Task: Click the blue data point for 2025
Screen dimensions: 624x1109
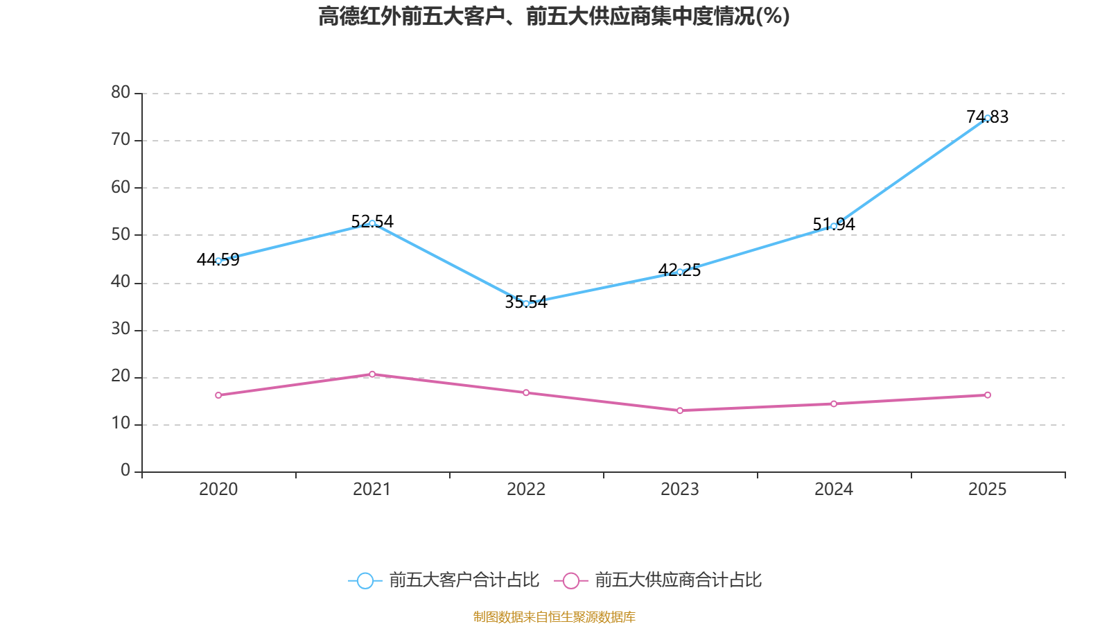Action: pyautogui.click(x=987, y=118)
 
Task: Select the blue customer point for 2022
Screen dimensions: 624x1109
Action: pyautogui.click(x=526, y=303)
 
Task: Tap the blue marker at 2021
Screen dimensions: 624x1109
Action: pyautogui.click(x=372, y=223)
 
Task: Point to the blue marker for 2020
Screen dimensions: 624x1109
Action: pyautogui.click(x=218, y=261)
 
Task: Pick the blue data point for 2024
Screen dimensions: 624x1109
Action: pyautogui.click(x=833, y=226)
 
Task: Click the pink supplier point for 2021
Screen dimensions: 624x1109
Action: pyautogui.click(x=372, y=374)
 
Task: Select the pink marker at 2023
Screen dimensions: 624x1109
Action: pyautogui.click(x=680, y=410)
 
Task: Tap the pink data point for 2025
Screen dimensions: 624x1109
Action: pyautogui.click(x=987, y=395)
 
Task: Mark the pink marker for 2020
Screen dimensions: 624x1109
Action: pyautogui.click(x=218, y=395)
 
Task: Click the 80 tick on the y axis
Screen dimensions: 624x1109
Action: pyautogui.click(x=121, y=92)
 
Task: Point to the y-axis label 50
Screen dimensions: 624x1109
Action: pyautogui.click(x=121, y=234)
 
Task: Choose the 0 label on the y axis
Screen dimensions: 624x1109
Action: pyautogui.click(x=125, y=470)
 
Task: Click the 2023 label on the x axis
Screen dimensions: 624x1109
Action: pyautogui.click(x=680, y=489)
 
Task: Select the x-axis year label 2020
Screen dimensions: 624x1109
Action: pyautogui.click(x=218, y=489)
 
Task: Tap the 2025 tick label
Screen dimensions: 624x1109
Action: pyautogui.click(x=987, y=489)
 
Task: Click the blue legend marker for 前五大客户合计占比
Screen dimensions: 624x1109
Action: pyautogui.click(x=365, y=580)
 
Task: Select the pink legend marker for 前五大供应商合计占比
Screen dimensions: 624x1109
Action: pyautogui.click(x=570, y=580)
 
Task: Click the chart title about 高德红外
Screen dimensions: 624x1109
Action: pyautogui.click(x=554, y=16)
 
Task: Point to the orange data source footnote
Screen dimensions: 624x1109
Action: pyautogui.click(x=554, y=616)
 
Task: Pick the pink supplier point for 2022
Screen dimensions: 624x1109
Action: pyautogui.click(x=526, y=392)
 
